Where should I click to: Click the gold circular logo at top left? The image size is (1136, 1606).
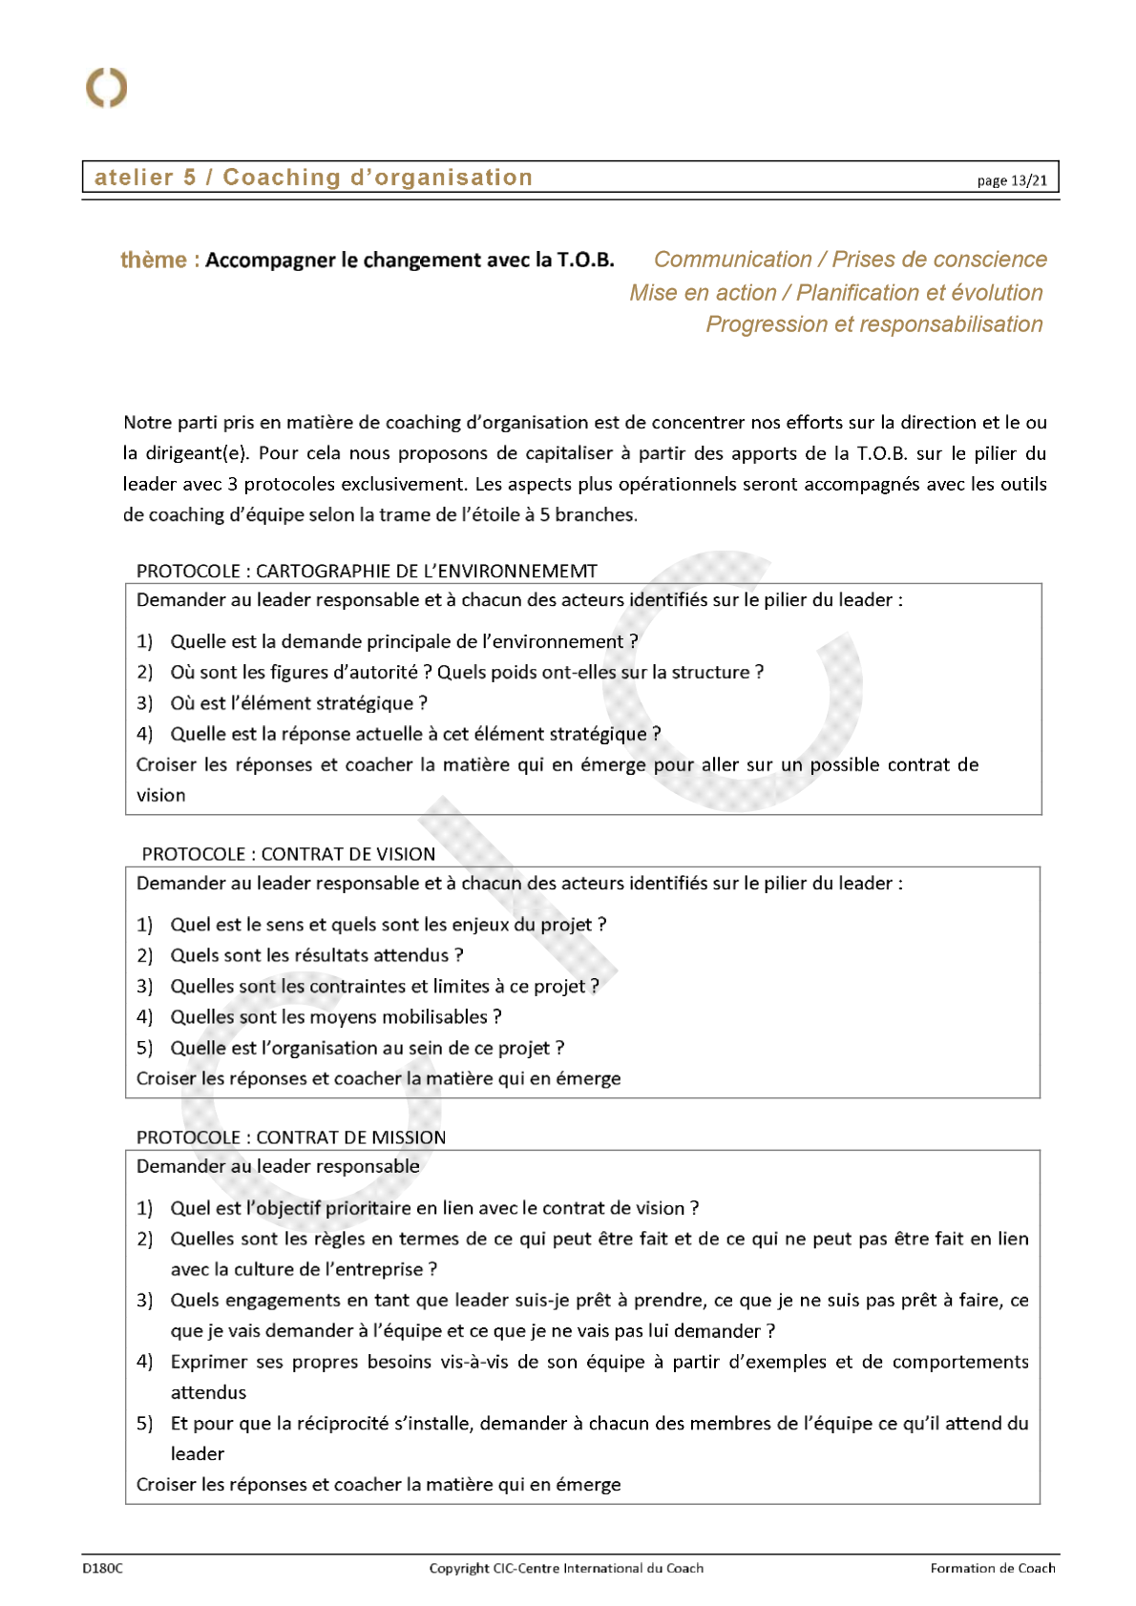point(106,88)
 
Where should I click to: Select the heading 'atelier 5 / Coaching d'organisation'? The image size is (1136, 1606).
point(313,177)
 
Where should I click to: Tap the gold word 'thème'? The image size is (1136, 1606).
point(154,260)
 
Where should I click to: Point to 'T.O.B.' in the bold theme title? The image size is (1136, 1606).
point(585,260)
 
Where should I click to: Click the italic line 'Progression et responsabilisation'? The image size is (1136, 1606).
point(873,324)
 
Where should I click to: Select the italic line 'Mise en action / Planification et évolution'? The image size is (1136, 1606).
point(835,293)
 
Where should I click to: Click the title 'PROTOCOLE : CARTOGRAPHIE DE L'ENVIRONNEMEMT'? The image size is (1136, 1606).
point(367,571)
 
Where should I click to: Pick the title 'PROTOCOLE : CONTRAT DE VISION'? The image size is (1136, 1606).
point(288,854)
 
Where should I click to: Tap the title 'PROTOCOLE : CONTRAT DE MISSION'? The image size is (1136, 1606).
point(291,1137)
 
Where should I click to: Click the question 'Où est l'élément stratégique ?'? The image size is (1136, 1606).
point(299,703)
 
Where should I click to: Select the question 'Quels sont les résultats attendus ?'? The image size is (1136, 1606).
point(317,955)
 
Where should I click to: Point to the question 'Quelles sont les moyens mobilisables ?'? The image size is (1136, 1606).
point(336,1017)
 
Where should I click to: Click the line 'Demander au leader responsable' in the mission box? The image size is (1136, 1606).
point(278,1166)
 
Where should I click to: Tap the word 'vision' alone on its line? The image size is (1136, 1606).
point(161,795)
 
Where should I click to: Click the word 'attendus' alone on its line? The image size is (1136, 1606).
point(208,1392)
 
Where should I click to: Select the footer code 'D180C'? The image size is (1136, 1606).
point(102,1568)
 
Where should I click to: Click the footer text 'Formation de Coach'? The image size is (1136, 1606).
point(993,1568)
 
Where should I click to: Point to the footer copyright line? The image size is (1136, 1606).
point(566,1568)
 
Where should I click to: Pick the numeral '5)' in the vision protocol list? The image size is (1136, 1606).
point(144,1048)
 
